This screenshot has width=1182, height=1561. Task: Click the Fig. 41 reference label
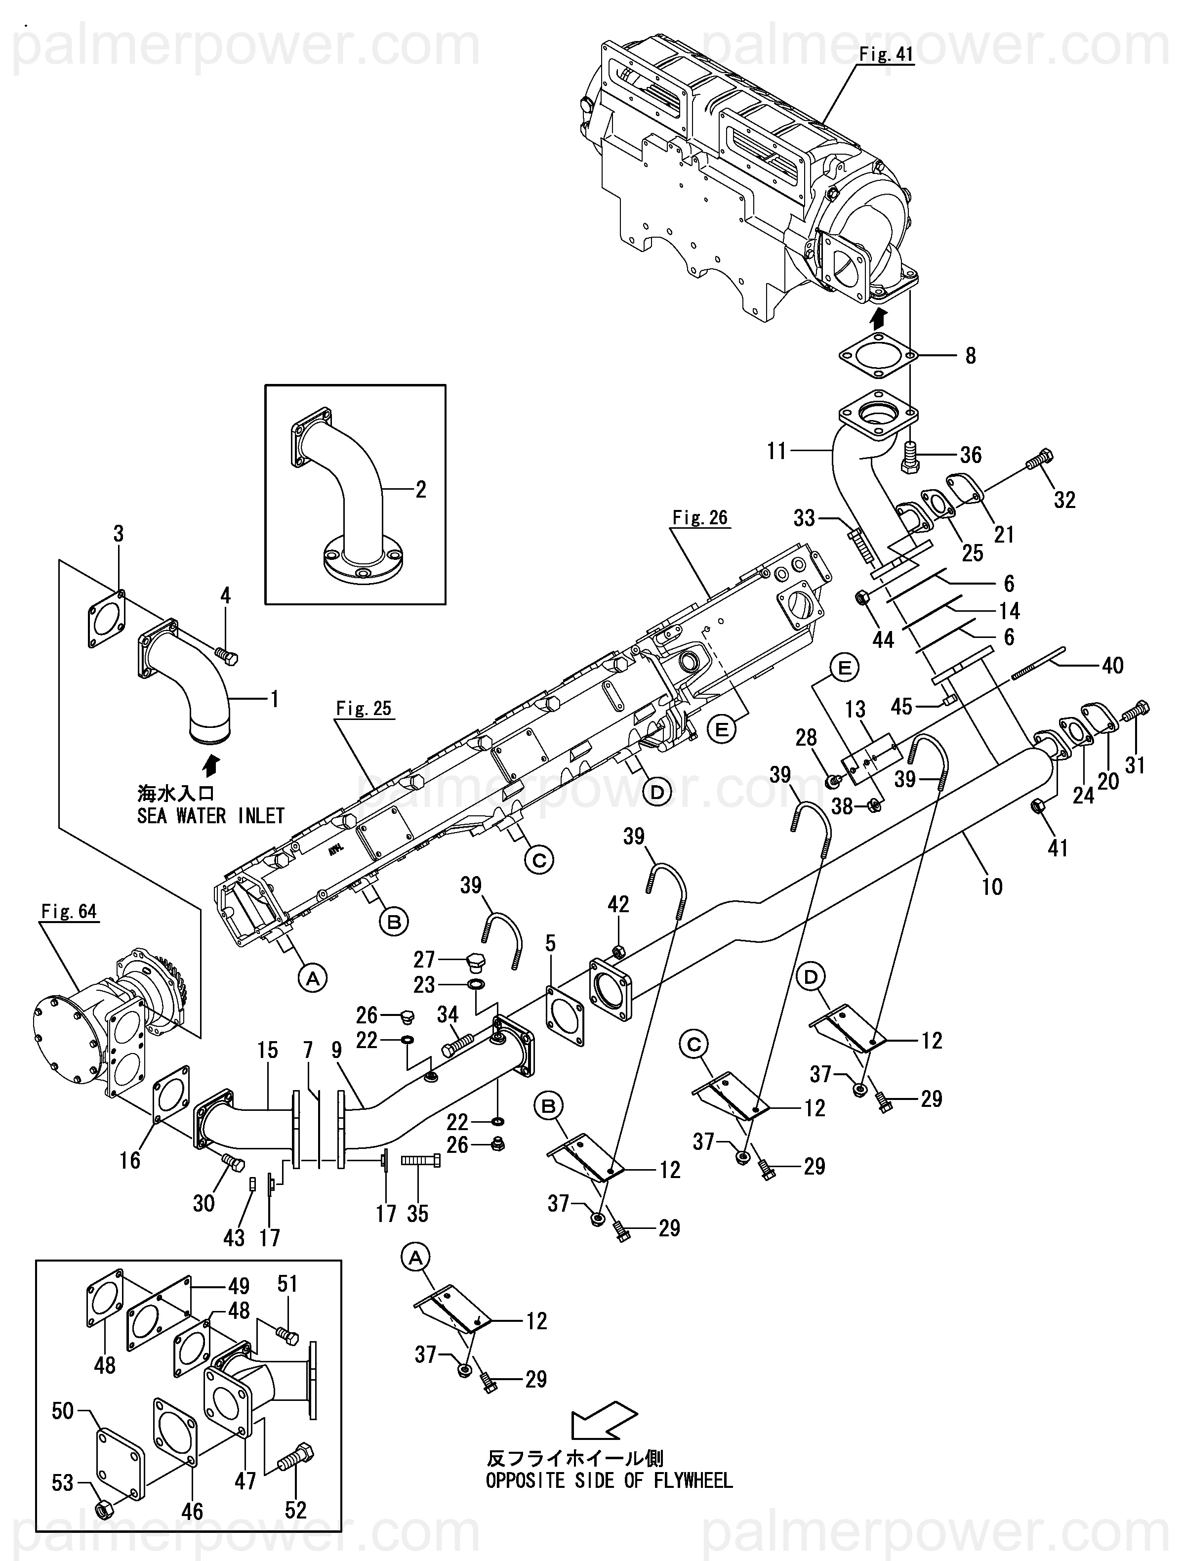[x=886, y=54]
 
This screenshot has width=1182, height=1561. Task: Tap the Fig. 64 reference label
[x=68, y=912]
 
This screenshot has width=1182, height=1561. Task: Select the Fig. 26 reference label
[x=699, y=518]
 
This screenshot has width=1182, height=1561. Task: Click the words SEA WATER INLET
[x=210, y=816]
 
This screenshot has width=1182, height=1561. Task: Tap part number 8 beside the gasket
[x=971, y=356]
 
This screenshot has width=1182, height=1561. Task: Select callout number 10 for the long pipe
[x=991, y=886]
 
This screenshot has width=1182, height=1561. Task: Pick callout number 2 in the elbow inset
[x=421, y=489]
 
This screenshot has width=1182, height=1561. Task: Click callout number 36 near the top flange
[x=971, y=455]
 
